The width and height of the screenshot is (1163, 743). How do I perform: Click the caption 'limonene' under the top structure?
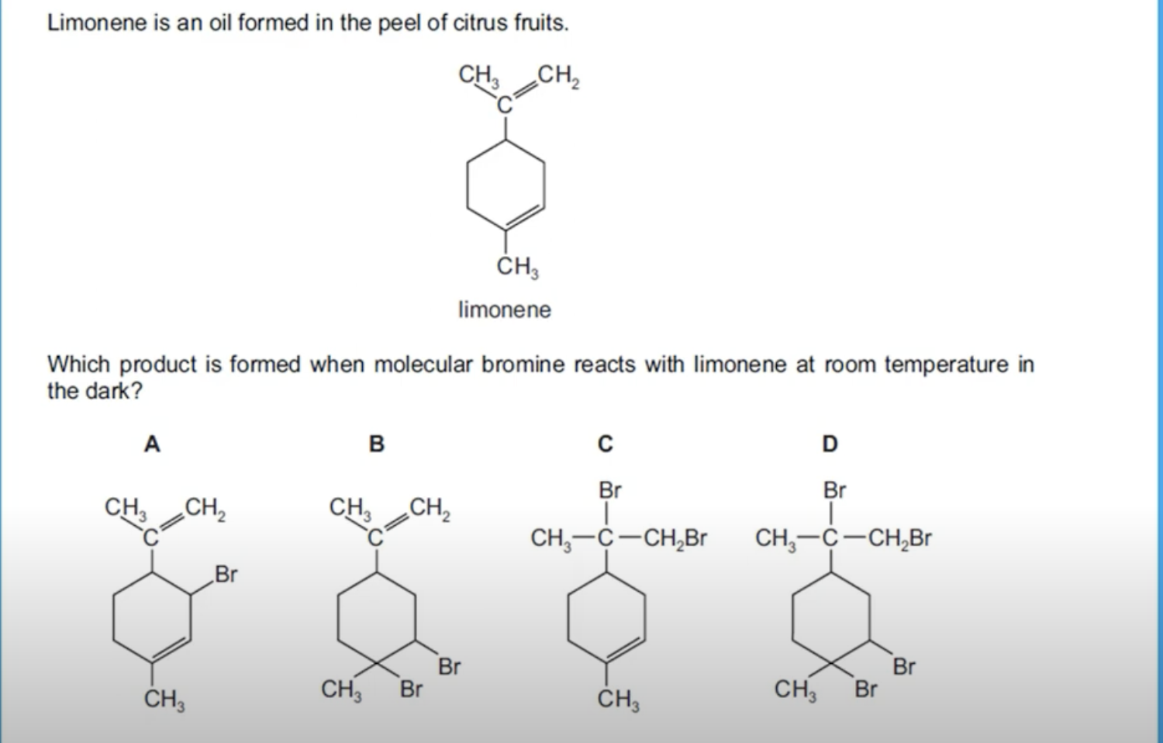click(x=505, y=310)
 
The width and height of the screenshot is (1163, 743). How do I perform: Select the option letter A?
click(x=152, y=444)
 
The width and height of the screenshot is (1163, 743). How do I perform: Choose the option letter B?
click(x=377, y=444)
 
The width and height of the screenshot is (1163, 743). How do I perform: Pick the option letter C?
click(x=606, y=444)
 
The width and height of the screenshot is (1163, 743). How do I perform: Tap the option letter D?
click(x=830, y=444)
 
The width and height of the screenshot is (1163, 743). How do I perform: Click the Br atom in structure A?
click(x=226, y=575)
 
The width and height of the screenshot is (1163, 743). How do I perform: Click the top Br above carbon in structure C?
click(x=609, y=490)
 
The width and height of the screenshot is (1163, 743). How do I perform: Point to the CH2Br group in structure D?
click(x=899, y=537)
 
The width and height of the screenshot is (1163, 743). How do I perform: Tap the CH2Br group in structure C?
click(x=675, y=537)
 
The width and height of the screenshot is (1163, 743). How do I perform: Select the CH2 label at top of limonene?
click(x=557, y=75)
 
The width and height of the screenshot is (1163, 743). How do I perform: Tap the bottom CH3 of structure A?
click(x=164, y=700)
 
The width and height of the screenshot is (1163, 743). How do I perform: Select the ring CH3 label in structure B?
click(x=341, y=689)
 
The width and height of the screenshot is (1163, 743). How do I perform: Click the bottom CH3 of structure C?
click(x=618, y=700)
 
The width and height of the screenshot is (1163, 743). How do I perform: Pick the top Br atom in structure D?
click(x=834, y=490)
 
